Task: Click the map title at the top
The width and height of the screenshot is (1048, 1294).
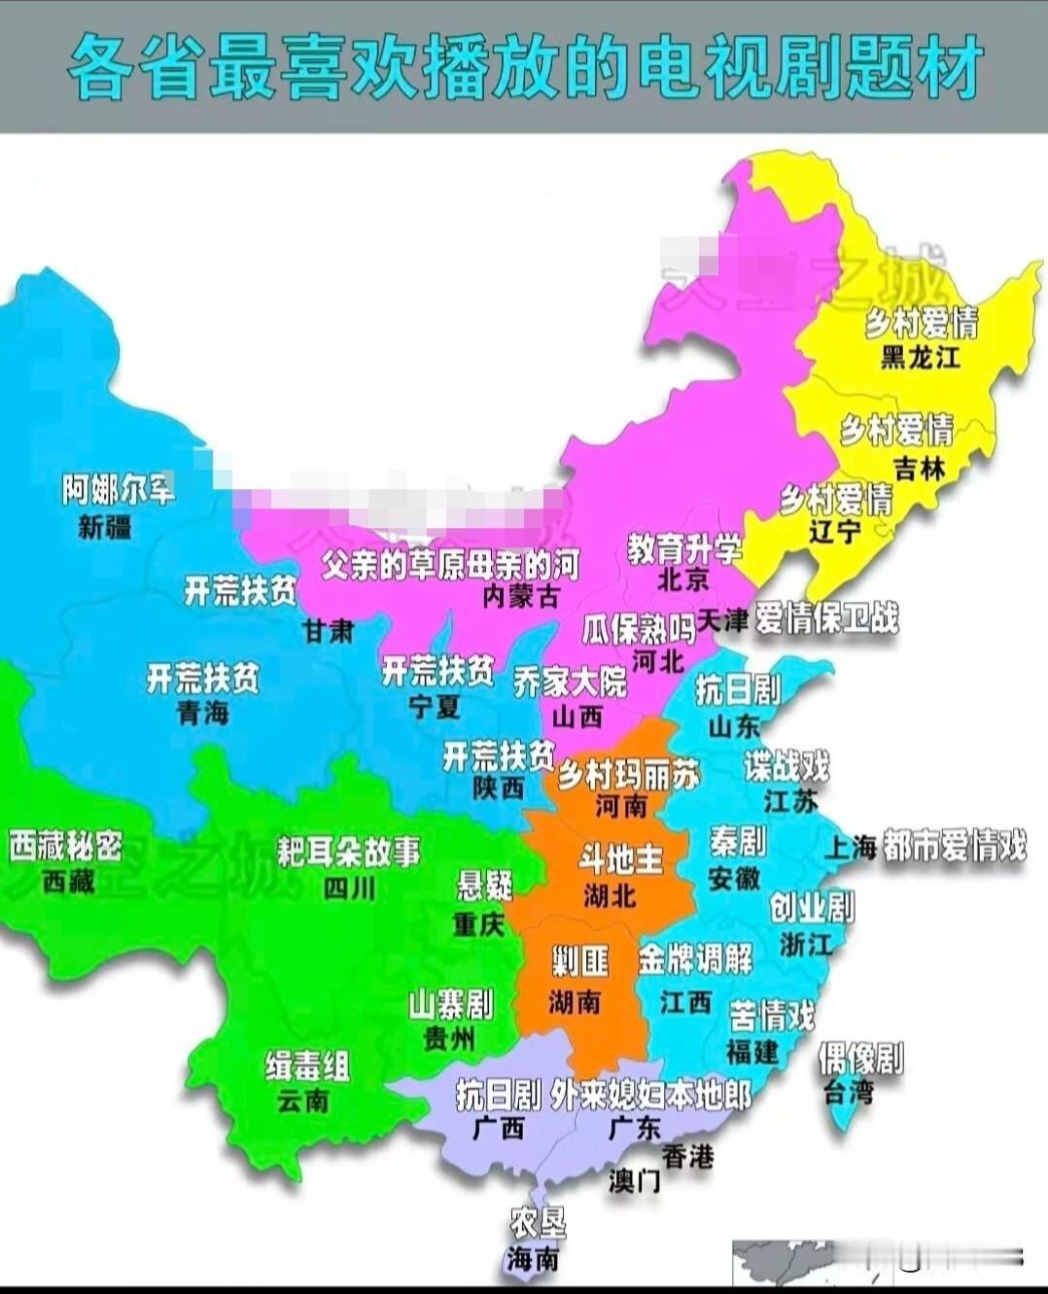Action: [524, 67]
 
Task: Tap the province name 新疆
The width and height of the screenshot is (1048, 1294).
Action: [105, 528]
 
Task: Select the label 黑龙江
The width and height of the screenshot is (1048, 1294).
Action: [920, 358]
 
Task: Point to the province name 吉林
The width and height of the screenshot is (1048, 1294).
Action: [919, 469]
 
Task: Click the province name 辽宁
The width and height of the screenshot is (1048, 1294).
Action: [835, 532]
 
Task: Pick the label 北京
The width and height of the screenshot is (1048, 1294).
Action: [682, 580]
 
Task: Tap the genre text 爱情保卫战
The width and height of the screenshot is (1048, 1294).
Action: [827, 618]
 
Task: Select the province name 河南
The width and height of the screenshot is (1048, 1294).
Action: [621, 806]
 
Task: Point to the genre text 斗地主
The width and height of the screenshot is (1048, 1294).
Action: [620, 859]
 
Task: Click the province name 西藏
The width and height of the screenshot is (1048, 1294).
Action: [68, 882]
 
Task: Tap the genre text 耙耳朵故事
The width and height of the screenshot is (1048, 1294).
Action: [348, 852]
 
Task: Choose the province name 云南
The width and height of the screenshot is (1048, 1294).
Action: [303, 1102]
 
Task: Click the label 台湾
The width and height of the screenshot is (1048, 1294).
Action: [848, 1092]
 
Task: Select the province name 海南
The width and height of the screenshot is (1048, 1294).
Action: [533, 1260]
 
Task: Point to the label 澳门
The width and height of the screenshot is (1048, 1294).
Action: [635, 1180]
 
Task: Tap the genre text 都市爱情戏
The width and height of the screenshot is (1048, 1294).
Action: [954, 846]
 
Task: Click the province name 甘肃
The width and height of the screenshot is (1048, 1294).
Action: [328, 631]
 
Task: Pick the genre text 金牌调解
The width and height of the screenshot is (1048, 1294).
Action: [695, 961]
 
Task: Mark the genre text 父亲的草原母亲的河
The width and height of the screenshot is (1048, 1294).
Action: [450, 565]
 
